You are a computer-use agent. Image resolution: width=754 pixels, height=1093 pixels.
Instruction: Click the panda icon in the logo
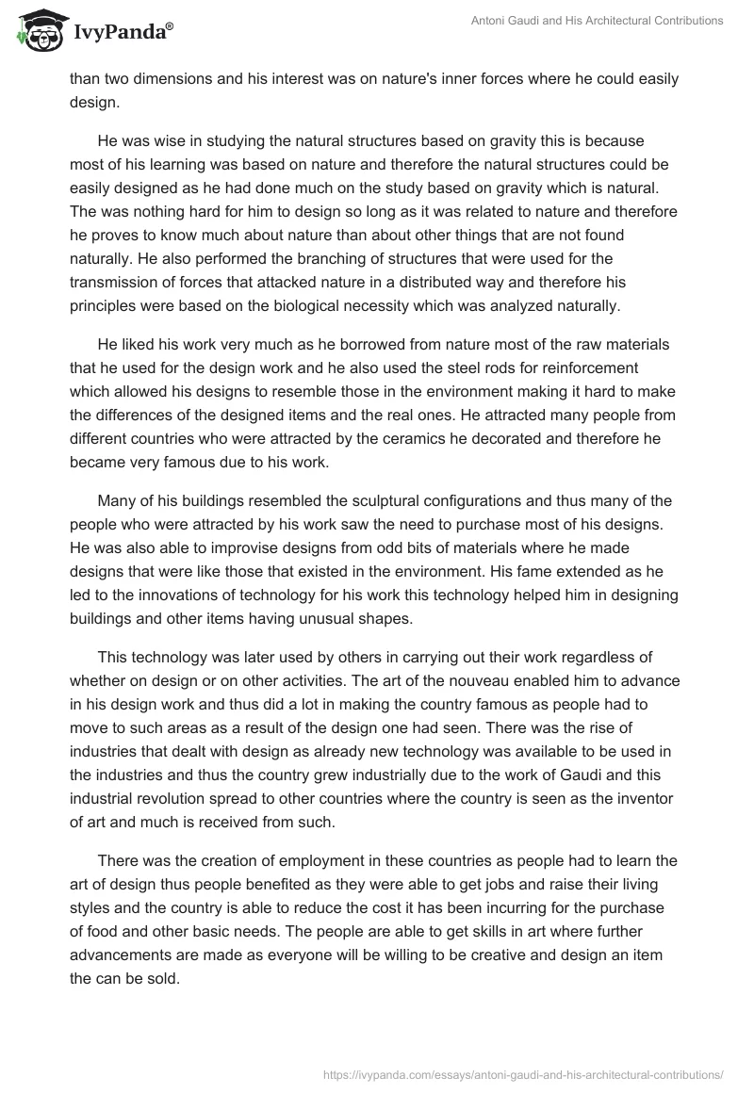click(36, 32)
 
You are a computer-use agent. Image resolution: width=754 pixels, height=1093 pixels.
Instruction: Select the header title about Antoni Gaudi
click(595, 21)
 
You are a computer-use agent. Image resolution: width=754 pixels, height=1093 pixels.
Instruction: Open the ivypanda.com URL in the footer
click(523, 1072)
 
